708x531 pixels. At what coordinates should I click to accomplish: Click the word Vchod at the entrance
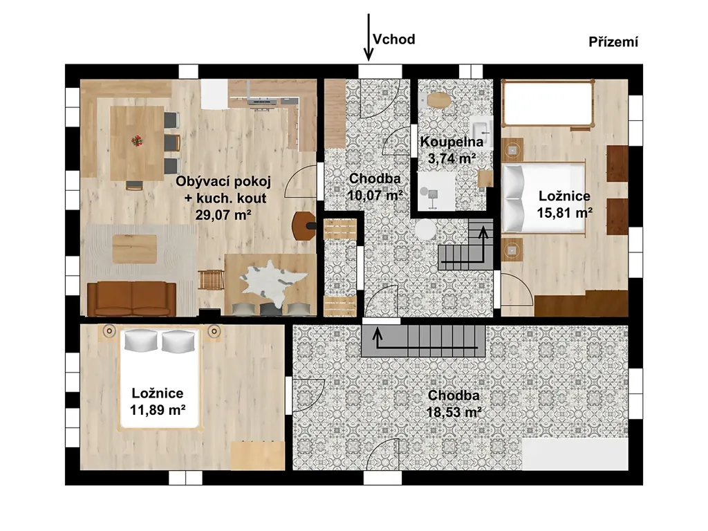393,39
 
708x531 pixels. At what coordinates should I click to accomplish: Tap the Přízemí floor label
613,42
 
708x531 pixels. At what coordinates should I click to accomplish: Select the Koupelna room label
451,142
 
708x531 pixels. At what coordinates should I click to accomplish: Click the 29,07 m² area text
223,214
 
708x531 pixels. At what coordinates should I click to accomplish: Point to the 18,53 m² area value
454,412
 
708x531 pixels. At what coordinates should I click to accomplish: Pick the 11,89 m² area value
158,410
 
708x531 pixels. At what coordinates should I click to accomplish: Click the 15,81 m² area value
564,212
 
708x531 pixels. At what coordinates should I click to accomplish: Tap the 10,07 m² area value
375,196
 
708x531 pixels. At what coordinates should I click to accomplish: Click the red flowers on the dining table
137,141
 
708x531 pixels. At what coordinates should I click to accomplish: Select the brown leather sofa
131,299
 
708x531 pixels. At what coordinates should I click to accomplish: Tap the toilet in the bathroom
437,100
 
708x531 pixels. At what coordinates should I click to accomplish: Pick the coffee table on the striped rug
135,249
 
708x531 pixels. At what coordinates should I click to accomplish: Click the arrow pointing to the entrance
369,37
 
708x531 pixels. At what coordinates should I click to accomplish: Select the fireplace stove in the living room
304,225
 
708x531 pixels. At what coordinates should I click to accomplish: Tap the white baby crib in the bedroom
548,104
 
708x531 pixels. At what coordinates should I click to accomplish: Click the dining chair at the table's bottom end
134,185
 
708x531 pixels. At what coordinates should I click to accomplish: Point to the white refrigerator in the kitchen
214,94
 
